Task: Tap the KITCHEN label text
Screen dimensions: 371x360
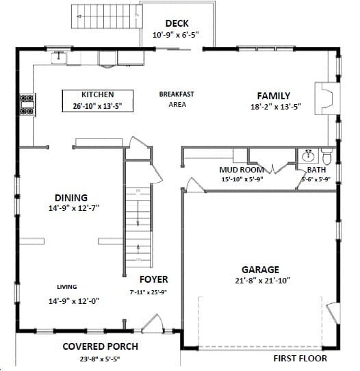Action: click(x=97, y=95)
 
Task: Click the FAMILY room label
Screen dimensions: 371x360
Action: click(x=273, y=96)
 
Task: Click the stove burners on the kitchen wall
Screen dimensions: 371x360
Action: click(x=27, y=103)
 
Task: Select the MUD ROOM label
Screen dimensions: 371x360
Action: click(x=237, y=170)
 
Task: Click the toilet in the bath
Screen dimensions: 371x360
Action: click(x=326, y=156)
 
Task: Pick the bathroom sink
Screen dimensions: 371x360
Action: click(x=308, y=155)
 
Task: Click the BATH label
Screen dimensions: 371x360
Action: click(x=316, y=170)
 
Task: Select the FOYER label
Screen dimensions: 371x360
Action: click(x=153, y=280)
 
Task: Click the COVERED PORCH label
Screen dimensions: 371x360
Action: click(x=100, y=346)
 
